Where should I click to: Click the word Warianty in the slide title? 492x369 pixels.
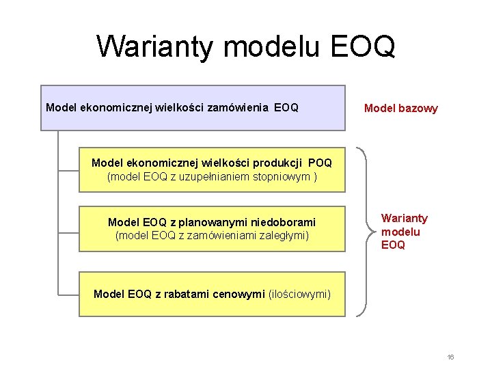point(155,46)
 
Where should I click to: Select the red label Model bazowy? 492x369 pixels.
point(401,108)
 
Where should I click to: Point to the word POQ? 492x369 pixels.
point(320,163)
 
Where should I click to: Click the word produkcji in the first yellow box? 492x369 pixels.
point(280,163)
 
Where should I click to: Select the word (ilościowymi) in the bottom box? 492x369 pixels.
point(299,294)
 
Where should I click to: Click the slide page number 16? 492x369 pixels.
point(451,357)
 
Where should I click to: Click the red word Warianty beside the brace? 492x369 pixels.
point(405,218)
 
